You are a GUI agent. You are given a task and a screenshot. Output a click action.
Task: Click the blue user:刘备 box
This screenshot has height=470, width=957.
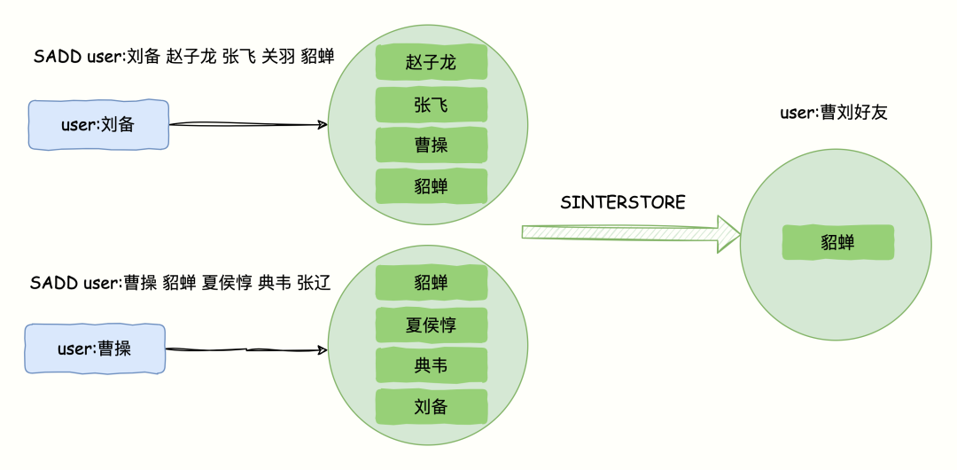[x=98, y=125]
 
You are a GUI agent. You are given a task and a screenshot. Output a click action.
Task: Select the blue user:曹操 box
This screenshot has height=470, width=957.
[x=95, y=349]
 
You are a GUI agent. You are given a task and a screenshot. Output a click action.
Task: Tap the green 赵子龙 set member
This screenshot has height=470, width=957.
[x=432, y=62]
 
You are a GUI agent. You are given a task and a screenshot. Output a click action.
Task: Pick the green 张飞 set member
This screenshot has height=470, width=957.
[x=432, y=105]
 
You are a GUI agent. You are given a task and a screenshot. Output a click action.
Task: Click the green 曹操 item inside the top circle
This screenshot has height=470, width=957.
[x=432, y=145]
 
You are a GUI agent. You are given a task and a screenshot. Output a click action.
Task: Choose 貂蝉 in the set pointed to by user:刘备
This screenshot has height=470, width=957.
[x=432, y=185]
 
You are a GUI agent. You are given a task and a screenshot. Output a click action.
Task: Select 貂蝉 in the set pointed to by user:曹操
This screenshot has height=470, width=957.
[x=432, y=283]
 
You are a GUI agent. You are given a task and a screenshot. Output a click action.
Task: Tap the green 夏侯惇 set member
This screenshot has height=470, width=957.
[x=432, y=325]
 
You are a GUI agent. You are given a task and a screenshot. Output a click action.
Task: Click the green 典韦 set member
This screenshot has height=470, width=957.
[x=432, y=365]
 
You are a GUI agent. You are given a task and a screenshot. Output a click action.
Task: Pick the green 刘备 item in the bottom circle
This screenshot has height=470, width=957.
[x=432, y=406]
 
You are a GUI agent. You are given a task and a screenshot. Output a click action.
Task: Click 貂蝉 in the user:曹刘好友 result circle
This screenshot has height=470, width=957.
[x=837, y=242]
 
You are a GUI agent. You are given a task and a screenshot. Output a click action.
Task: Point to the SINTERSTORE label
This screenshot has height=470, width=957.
[x=623, y=203]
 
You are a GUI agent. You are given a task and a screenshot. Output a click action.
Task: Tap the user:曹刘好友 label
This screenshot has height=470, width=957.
[x=833, y=113]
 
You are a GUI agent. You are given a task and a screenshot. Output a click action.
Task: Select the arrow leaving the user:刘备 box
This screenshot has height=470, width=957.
[x=247, y=125]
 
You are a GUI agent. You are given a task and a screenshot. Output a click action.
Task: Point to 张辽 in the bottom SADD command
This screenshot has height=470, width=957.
[x=314, y=283]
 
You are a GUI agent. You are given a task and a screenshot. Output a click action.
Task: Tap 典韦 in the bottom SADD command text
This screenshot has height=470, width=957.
[x=275, y=283]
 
